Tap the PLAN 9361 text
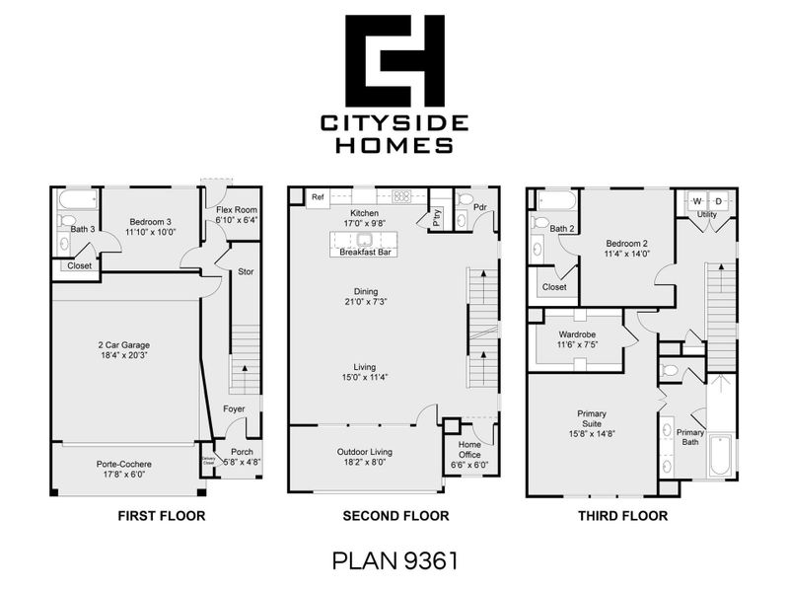(394, 561)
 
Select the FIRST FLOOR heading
(158, 516)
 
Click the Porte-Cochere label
(124, 468)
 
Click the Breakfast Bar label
(367, 253)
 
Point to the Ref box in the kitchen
(318, 197)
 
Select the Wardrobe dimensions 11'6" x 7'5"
(577, 345)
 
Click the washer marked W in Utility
(696, 201)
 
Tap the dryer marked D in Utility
(717, 201)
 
